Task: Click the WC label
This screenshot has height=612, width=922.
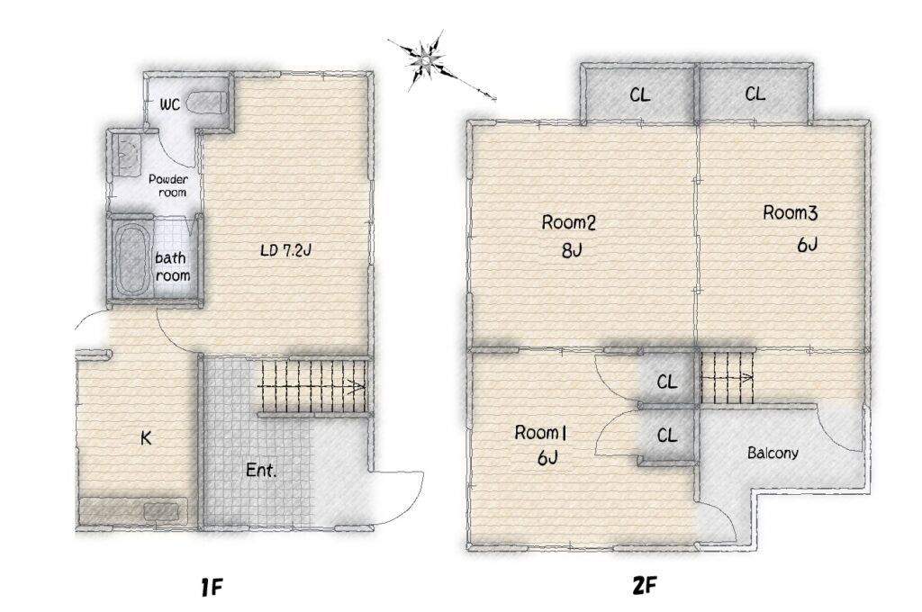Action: click(170, 105)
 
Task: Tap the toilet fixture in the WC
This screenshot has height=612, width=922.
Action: click(206, 103)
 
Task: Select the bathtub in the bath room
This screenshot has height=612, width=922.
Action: click(131, 258)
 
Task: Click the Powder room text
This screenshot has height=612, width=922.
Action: click(168, 185)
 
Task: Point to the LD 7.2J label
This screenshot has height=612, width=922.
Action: click(285, 251)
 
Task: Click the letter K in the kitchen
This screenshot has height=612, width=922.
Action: click(146, 438)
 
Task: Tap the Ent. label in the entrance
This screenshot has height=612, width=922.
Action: click(261, 471)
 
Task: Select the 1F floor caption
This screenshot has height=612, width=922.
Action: click(212, 587)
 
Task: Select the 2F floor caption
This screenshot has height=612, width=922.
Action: click(645, 586)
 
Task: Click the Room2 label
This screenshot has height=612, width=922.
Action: click(569, 223)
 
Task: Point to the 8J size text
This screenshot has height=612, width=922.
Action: click(571, 251)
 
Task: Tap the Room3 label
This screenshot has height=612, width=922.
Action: click(791, 212)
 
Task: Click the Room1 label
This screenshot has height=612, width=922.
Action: click(540, 433)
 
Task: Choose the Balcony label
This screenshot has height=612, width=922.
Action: click(773, 454)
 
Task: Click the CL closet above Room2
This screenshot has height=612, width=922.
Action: click(640, 94)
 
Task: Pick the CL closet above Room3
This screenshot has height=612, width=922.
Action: click(755, 94)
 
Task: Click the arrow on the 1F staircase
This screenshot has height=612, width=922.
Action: click(311, 387)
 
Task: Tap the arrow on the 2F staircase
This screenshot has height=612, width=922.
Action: click(728, 377)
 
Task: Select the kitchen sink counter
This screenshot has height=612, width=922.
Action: click(134, 511)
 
